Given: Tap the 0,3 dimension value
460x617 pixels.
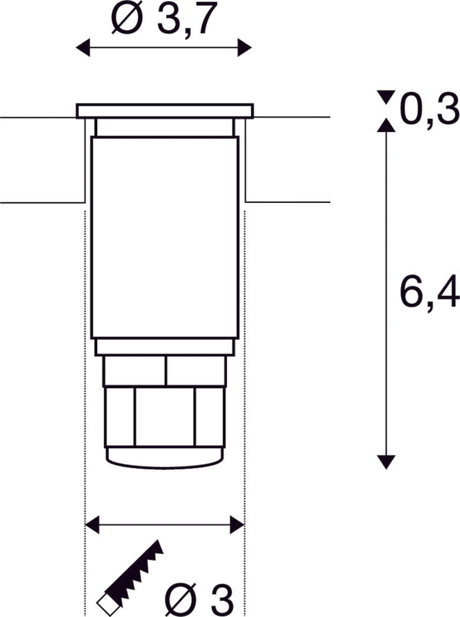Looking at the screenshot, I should point(429,111).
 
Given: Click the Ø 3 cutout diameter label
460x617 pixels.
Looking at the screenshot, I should point(201,599).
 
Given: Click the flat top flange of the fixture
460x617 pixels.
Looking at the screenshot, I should point(164,110).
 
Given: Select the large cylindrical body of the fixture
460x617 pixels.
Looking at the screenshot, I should point(164,236).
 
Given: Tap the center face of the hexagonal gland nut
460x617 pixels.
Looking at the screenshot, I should point(164,416).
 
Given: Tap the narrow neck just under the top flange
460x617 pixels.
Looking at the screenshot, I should point(164,126).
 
